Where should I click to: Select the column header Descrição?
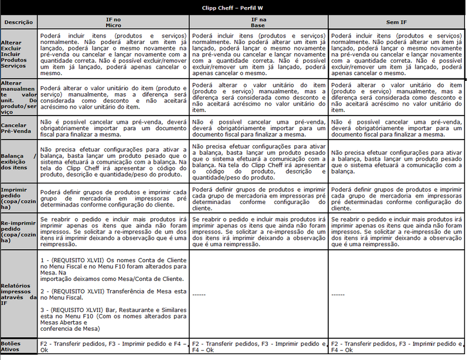[x=18, y=22]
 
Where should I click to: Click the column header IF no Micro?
[x=114, y=22]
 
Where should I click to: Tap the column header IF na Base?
[x=258, y=22]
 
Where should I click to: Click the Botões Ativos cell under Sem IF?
[x=397, y=346]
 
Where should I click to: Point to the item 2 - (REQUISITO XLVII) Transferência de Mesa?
[x=113, y=294]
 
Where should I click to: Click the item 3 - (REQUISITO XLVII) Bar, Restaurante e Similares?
[x=113, y=316]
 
